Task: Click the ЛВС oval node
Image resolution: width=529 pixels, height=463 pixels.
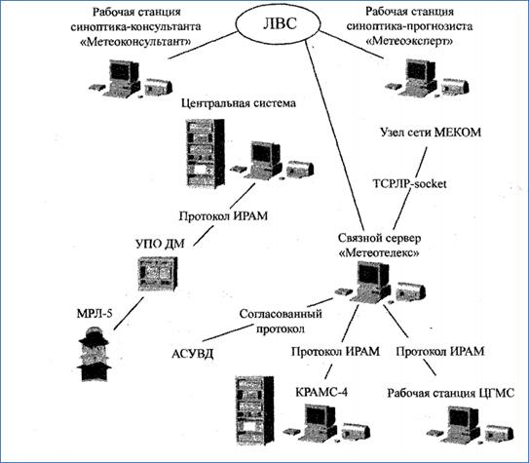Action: (x=278, y=24)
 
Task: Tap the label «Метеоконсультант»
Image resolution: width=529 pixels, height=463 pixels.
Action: (x=135, y=42)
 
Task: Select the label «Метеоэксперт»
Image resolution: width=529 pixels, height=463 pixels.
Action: (x=409, y=42)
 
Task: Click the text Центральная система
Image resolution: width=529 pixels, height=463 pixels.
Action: (x=239, y=103)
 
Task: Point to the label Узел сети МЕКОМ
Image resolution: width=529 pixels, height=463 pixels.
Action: (x=431, y=133)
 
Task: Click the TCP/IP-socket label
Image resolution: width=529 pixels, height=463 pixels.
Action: (x=409, y=184)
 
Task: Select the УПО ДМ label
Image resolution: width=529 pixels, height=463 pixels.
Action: (x=160, y=244)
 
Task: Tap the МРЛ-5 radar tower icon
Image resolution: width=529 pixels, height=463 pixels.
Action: (x=94, y=354)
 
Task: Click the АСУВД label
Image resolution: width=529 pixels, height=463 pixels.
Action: (x=193, y=354)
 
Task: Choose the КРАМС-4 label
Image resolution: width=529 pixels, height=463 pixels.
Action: (x=321, y=392)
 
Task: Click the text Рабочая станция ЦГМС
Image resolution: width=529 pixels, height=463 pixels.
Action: (x=451, y=393)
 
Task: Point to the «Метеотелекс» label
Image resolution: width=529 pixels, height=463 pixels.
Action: (x=379, y=252)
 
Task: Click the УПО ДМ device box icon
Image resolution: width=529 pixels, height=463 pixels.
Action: (x=158, y=274)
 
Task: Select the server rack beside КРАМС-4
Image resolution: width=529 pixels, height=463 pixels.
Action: (x=254, y=410)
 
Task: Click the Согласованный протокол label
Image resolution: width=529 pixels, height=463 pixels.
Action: (x=281, y=321)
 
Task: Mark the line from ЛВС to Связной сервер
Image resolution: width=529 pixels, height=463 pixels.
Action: (x=334, y=135)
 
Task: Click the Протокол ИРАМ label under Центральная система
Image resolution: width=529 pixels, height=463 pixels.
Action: (x=223, y=215)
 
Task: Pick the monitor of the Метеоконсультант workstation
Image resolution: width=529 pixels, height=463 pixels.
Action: (x=124, y=71)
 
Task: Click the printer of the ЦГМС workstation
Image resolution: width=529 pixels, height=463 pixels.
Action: (x=499, y=433)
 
